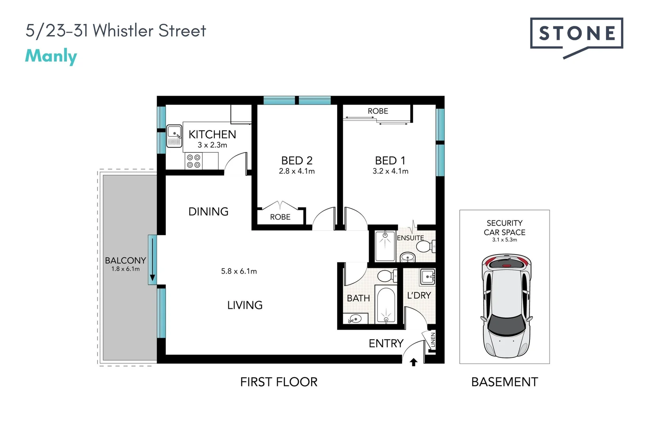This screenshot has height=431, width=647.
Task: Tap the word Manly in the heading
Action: (x=51, y=56)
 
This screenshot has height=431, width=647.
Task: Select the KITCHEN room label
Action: (x=212, y=134)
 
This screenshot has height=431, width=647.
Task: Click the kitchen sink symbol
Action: (x=174, y=136)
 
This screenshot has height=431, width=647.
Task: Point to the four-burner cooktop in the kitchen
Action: (x=194, y=161)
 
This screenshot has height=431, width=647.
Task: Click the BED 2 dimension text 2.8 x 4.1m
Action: (x=297, y=171)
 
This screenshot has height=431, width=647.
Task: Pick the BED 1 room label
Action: (x=390, y=160)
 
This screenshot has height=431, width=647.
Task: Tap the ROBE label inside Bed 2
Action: (x=280, y=217)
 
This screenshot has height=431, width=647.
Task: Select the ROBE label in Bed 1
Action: (x=378, y=111)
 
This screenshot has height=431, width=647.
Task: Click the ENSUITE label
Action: (x=410, y=238)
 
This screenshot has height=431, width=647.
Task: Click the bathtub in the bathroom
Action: (x=385, y=304)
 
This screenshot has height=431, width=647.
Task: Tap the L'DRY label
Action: (x=419, y=295)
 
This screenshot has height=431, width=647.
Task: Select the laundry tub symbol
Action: (x=427, y=276)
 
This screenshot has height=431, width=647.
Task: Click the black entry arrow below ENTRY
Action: (x=413, y=362)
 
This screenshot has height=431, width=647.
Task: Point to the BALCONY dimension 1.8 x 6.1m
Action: (x=125, y=269)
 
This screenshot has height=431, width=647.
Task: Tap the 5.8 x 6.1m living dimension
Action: (x=239, y=271)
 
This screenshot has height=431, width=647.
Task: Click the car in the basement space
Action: (x=506, y=305)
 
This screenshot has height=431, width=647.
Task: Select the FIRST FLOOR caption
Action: (x=279, y=382)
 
